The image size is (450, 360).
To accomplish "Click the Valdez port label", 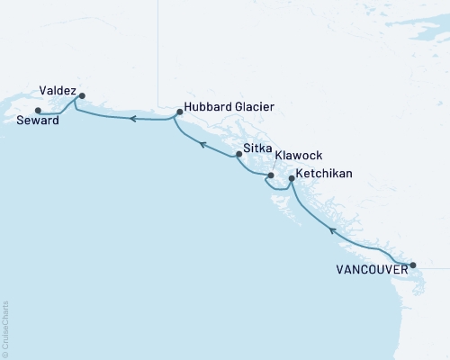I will click(58, 90).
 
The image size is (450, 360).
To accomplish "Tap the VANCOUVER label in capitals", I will click(370, 269).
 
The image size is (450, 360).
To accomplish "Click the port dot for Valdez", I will click(82, 95).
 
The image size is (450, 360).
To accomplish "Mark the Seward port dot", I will click(37, 111).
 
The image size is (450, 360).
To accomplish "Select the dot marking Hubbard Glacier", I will click(180, 112).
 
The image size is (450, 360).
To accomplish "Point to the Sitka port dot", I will click(238, 154).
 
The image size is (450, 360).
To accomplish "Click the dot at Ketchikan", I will click(291, 178).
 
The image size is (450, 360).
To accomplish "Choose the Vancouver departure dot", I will click(413, 265).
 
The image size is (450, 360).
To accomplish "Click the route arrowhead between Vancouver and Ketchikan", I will click(332, 231).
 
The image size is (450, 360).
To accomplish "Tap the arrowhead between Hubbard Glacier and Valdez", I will click(131, 118).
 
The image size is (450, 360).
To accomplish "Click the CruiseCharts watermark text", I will click(4, 328).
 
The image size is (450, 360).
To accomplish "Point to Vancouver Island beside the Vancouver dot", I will click(396, 270).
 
